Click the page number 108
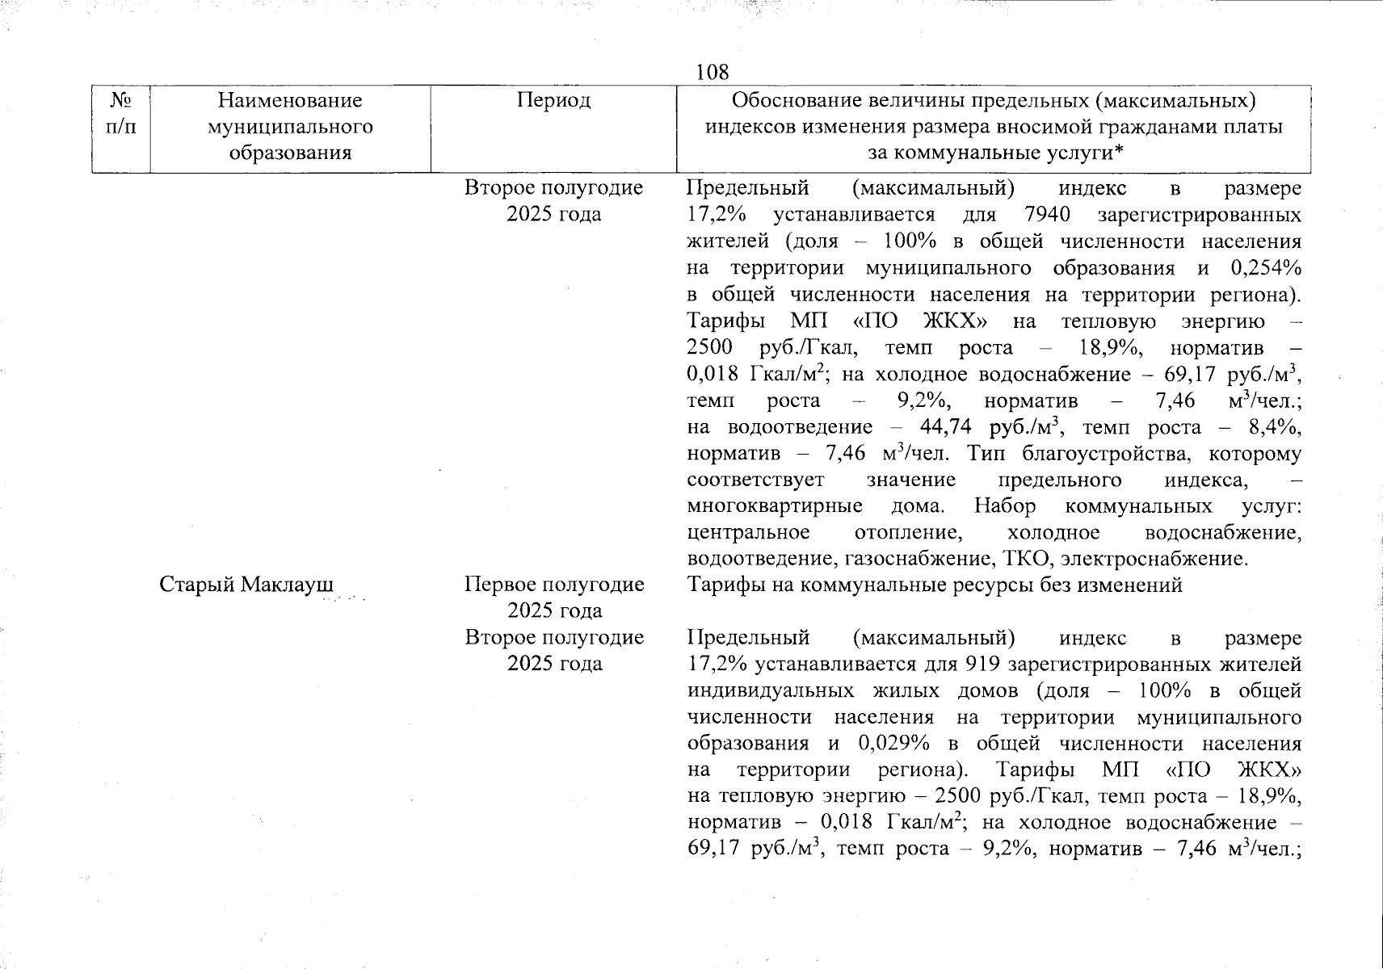coord(712,73)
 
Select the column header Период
coord(553,100)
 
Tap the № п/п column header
coord(120,114)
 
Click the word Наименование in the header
coord(290,100)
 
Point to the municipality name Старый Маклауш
coord(246,585)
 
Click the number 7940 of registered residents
coord(1046,215)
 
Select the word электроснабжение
coord(1155,559)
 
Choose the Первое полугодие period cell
coord(554,597)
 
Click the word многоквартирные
coord(774,506)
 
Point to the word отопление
coord(908,533)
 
